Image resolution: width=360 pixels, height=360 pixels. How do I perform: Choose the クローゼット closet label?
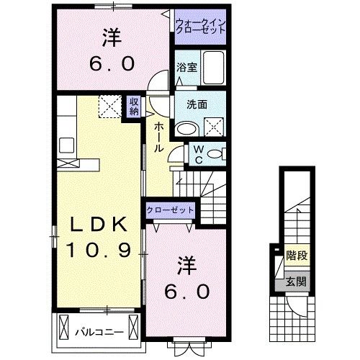pyautogui.click(x=170, y=209)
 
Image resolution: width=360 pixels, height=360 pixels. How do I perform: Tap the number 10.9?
pyautogui.click(x=97, y=251)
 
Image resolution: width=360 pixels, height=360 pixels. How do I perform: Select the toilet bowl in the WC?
pyautogui.click(x=218, y=153)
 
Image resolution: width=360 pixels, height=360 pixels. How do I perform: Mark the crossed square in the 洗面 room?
pyautogui.click(x=214, y=127)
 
